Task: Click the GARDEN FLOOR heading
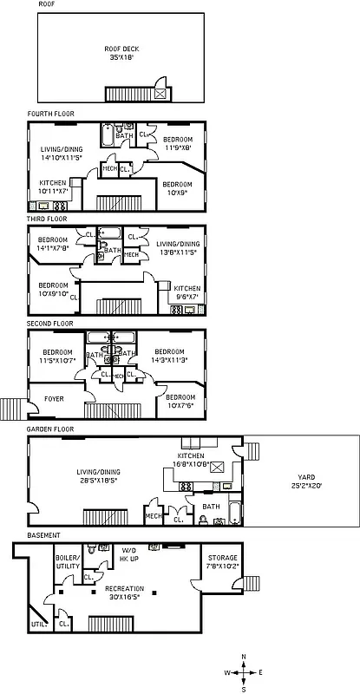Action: click(49, 429)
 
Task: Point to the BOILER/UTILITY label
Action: click(68, 562)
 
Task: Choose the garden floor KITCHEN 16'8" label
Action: click(191, 460)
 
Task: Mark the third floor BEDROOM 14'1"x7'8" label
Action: click(53, 245)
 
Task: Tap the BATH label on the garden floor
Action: click(211, 507)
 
